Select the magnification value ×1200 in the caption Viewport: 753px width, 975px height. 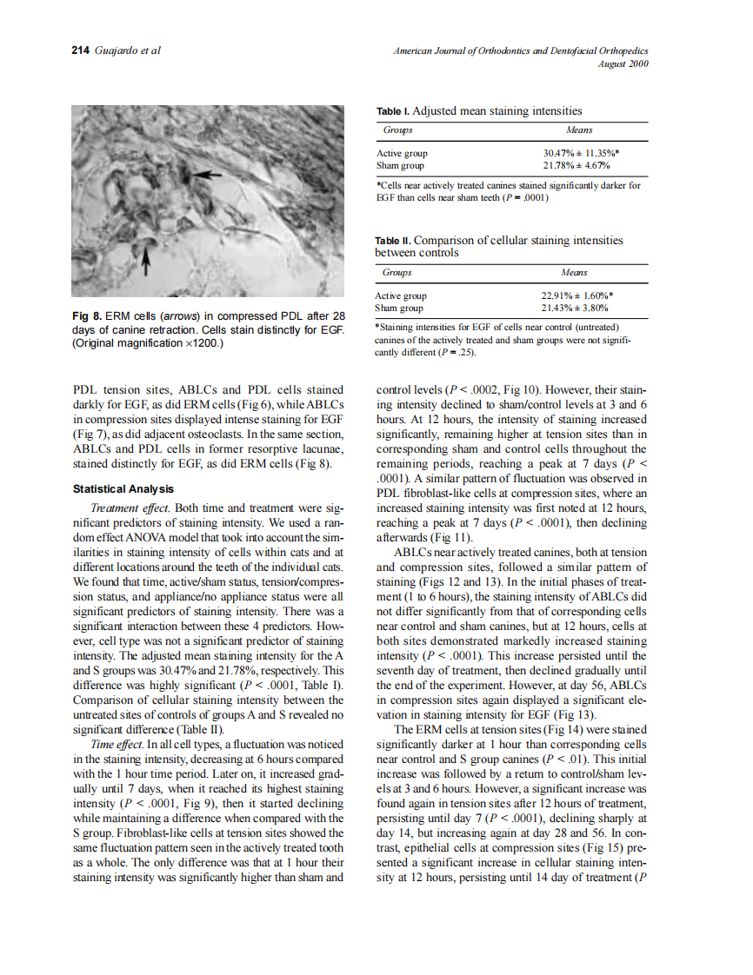click(197, 344)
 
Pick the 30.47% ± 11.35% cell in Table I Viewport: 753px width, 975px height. click(579, 154)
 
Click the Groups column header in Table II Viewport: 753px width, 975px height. click(397, 273)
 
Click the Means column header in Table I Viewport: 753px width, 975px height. click(579, 130)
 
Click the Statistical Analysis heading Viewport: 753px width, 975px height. click(123, 490)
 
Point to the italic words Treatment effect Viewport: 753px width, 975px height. click(125, 507)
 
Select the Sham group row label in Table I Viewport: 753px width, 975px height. click(400, 165)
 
